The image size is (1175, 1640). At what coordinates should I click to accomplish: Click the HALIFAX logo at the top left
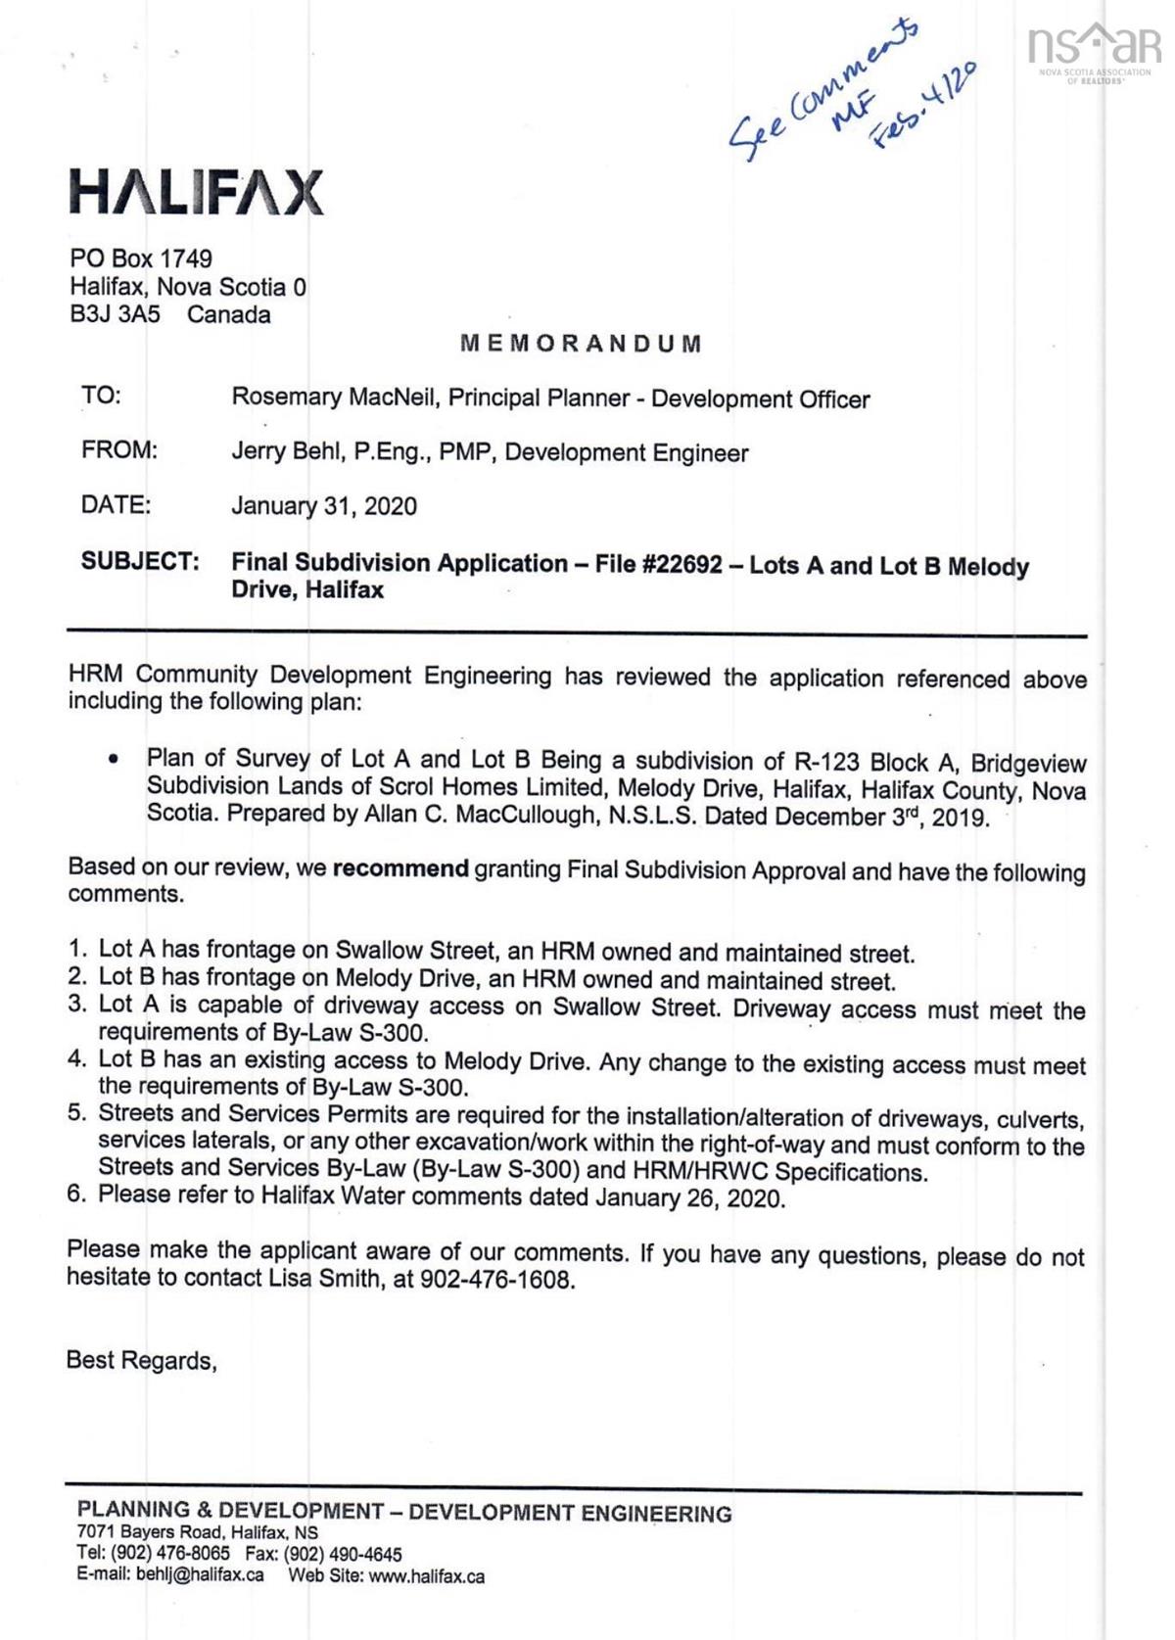(196, 192)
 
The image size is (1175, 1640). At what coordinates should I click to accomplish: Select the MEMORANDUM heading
(581, 344)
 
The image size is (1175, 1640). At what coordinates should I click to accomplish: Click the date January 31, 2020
(324, 506)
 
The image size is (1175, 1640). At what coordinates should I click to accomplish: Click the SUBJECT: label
(140, 561)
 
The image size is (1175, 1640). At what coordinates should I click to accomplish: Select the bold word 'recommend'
(400, 869)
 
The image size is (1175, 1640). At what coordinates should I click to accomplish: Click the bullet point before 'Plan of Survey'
(116, 759)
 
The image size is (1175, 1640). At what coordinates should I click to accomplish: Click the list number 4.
(76, 1059)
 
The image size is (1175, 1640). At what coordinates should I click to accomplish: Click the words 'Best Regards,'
(141, 1360)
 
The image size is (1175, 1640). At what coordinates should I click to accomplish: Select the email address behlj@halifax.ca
(200, 1575)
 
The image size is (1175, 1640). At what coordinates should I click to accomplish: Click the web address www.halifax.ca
(426, 1576)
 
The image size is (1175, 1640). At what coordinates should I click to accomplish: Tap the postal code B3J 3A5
(115, 315)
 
